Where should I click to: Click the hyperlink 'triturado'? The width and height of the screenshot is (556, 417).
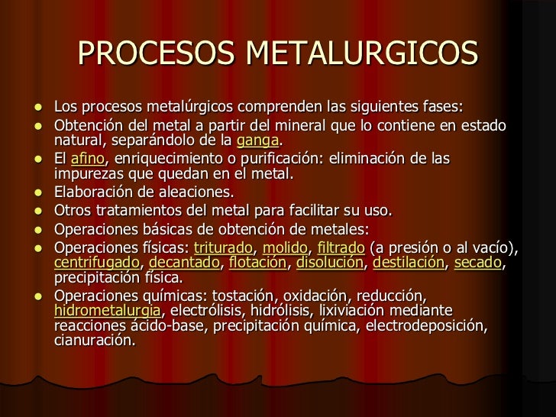[223, 247]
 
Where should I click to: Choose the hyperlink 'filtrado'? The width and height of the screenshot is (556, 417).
[341, 247]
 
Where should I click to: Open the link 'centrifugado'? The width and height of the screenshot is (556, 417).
[96, 263]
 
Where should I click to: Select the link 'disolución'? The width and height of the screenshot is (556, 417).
[329, 263]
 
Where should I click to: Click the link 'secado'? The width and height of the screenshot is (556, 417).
[478, 263]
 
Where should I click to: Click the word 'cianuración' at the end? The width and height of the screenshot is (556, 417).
[94, 341]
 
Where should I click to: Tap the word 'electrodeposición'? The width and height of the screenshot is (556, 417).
[425, 326]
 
